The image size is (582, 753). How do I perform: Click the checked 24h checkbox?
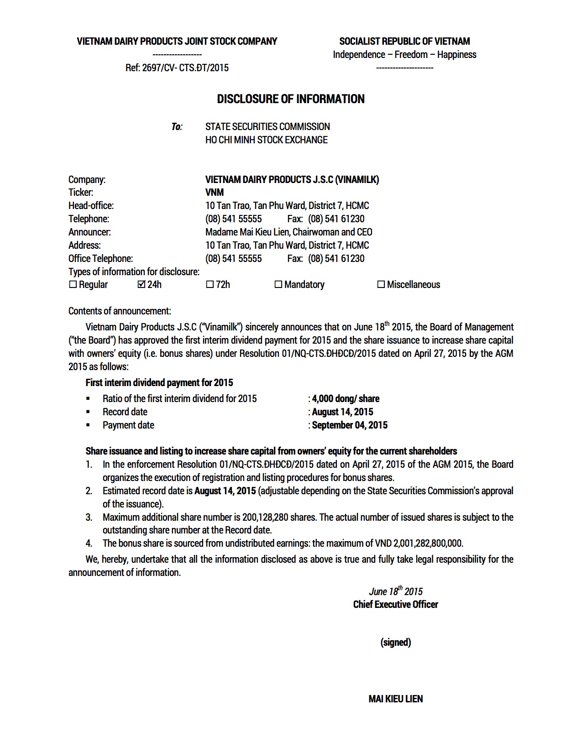click(x=141, y=285)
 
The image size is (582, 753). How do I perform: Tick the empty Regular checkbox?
click(x=73, y=285)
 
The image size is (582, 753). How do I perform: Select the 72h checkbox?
click(x=210, y=285)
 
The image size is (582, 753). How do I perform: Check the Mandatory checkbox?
click(x=278, y=285)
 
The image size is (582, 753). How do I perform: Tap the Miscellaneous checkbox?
click(x=381, y=285)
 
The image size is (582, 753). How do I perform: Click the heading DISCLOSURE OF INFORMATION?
click(x=290, y=99)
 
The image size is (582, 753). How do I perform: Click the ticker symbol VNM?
click(x=215, y=193)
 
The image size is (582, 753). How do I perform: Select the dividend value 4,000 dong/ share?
click(x=346, y=399)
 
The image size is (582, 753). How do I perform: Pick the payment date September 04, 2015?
click(x=350, y=425)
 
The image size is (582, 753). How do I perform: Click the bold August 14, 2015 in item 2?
click(x=225, y=491)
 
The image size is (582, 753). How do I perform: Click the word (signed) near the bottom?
click(x=396, y=643)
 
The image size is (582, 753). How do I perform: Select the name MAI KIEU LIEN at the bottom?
click(x=395, y=699)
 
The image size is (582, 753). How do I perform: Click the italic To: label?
click(x=177, y=127)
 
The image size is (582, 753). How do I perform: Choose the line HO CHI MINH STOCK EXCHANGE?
click(x=266, y=140)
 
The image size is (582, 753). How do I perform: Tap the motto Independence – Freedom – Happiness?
click(x=404, y=55)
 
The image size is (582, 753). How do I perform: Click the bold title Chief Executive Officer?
click(x=395, y=605)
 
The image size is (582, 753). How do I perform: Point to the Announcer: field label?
click(x=89, y=232)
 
